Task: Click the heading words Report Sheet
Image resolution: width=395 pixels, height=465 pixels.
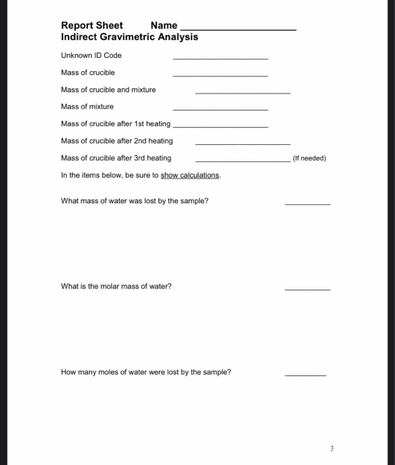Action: click(92, 25)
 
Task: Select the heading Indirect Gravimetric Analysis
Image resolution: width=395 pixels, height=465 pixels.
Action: click(129, 37)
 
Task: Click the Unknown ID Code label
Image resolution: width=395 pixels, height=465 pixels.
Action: click(91, 55)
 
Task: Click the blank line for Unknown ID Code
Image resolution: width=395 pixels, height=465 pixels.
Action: click(220, 58)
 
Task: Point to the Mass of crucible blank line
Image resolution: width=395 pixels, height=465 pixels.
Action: click(220, 76)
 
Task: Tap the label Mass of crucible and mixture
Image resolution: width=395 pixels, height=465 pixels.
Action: click(108, 90)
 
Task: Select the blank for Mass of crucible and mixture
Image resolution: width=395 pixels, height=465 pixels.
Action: click(242, 92)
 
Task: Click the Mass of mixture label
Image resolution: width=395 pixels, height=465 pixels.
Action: click(87, 106)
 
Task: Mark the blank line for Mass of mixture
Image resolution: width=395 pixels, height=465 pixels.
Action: click(220, 110)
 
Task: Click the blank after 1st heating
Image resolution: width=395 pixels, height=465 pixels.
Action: click(220, 126)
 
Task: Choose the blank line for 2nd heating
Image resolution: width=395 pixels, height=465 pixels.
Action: click(242, 143)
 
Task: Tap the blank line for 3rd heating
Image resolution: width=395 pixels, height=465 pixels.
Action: click(242, 161)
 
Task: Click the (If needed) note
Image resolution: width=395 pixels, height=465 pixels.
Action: click(309, 159)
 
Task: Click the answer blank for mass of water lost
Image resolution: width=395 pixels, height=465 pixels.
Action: click(307, 204)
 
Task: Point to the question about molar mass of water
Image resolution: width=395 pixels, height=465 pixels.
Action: click(116, 286)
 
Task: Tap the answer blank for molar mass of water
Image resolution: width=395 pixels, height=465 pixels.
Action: click(307, 290)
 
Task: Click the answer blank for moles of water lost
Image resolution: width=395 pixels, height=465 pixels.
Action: click(305, 375)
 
